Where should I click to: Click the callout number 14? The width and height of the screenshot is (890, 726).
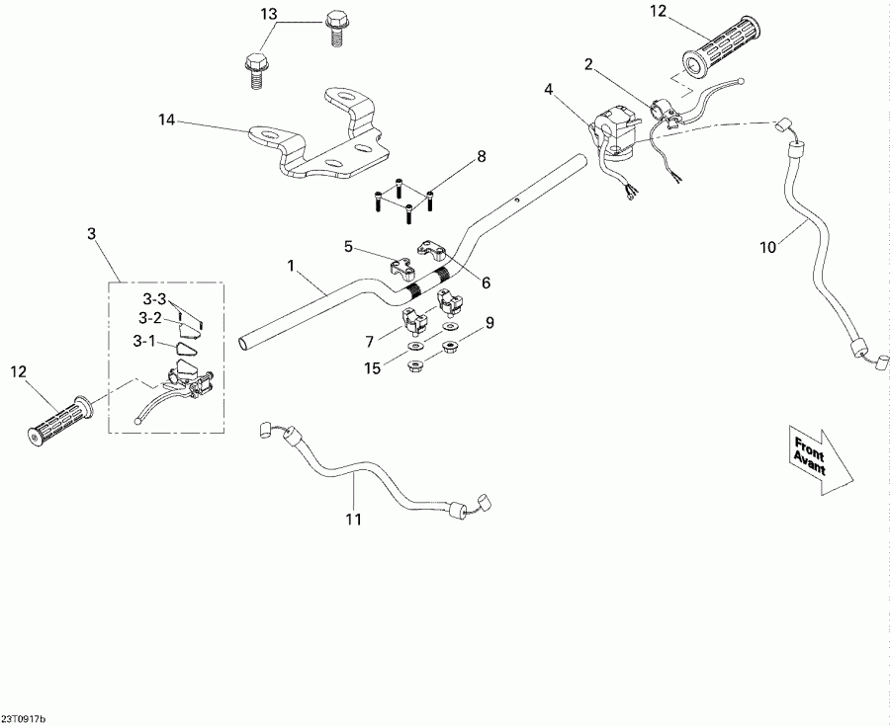click(167, 120)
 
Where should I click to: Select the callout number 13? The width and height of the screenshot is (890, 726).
click(270, 14)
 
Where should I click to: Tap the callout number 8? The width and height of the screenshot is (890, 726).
click(482, 156)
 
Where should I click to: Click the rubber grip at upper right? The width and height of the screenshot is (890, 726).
click(719, 46)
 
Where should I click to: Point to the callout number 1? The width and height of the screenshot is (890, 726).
click(290, 266)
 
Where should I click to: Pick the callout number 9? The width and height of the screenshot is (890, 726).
click(489, 321)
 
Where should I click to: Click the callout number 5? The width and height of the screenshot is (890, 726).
click(348, 245)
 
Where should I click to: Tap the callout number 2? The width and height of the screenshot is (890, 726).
click(588, 65)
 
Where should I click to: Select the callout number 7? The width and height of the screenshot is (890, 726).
click(370, 341)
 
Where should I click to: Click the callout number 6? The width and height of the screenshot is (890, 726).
click(485, 282)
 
